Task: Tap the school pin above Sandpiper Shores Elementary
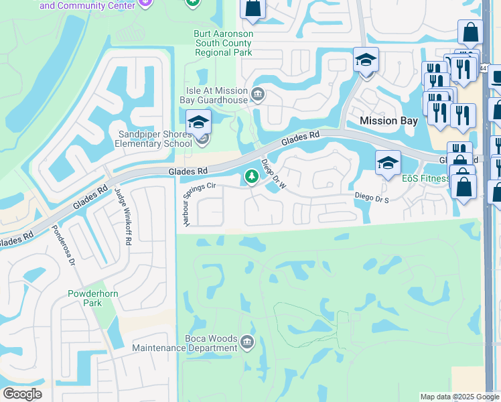[x=198, y=123]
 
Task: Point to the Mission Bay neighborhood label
[x=388, y=121]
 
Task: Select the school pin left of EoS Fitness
[x=388, y=163]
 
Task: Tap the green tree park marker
[x=252, y=177]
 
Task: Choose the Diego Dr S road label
[x=372, y=197]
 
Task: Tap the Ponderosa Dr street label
[x=62, y=244]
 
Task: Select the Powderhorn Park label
[x=84, y=298]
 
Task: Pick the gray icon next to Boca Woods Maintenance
[x=247, y=343]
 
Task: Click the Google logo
[x=22, y=394]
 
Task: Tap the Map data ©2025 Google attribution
[x=459, y=397]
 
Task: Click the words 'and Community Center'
[x=83, y=5]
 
